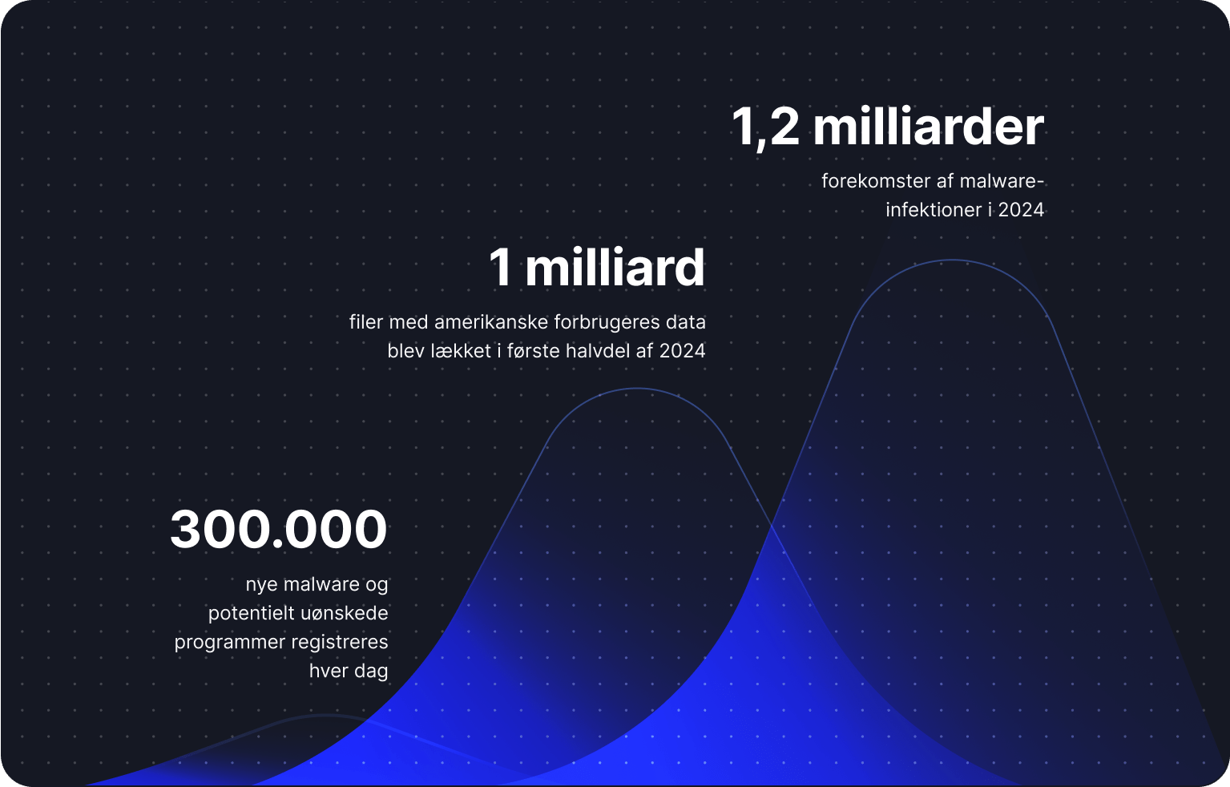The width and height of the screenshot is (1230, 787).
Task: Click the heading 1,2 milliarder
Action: click(887, 127)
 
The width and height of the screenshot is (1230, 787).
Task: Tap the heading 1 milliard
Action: click(597, 268)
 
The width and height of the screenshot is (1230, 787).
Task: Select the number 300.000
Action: click(279, 530)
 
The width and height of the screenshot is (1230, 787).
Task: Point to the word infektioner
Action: click(934, 210)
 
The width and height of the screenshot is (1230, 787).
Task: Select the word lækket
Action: click(461, 351)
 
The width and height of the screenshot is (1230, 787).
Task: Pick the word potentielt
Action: click(251, 614)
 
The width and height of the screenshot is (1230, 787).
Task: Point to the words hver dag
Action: click(349, 672)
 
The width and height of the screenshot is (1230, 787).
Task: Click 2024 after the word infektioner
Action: click(1021, 210)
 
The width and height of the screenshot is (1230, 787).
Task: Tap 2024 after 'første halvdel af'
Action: click(682, 351)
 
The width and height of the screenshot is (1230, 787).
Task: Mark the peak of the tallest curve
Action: click(953, 260)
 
